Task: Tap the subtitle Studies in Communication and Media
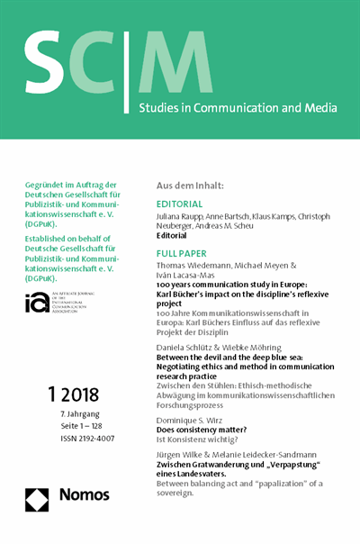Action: pos(238,109)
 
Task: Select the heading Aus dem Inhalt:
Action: pos(192,185)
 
